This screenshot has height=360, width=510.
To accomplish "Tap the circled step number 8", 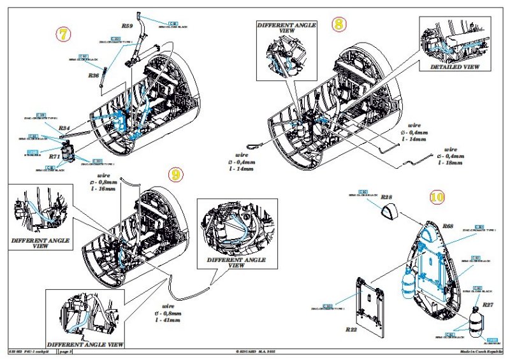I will [x=340, y=25].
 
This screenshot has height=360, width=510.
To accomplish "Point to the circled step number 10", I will [x=436, y=197].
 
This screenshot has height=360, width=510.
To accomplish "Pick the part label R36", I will [x=93, y=75].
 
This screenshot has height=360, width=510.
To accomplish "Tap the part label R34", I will [x=64, y=127].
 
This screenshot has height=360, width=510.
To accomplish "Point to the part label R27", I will [x=488, y=305].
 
